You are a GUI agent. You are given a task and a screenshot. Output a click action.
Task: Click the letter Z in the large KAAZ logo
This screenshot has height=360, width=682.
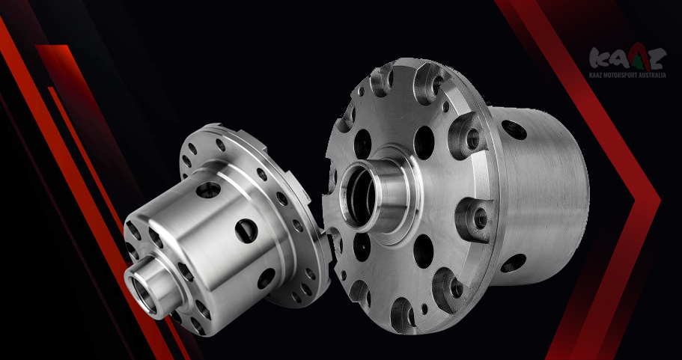pyautogui.click(x=657, y=59)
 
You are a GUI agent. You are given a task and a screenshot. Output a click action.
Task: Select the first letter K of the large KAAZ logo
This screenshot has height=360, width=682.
pyautogui.click(x=599, y=58)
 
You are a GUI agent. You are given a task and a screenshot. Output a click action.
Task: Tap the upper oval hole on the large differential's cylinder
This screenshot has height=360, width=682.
pyautogui.click(x=514, y=129)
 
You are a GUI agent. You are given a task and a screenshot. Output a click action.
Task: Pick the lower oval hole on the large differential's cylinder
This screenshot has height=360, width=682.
pyautogui.click(x=514, y=263)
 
